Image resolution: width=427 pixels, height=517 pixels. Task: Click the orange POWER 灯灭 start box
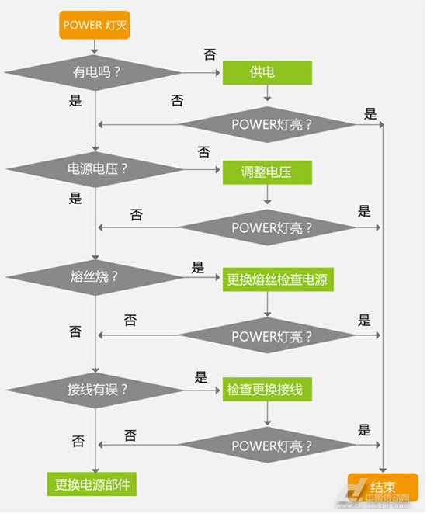tap(95, 25)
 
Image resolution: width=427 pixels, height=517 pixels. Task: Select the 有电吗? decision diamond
tap(93, 72)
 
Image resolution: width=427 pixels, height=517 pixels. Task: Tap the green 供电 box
tap(267, 72)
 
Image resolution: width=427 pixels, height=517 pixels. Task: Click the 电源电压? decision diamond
tap(95, 169)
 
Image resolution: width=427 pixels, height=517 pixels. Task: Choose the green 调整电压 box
tap(267, 172)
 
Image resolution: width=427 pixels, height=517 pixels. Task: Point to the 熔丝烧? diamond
tap(95, 277)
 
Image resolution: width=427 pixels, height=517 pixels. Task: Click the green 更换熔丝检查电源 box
tap(278, 279)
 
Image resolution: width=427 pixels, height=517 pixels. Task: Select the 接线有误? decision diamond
tap(95, 390)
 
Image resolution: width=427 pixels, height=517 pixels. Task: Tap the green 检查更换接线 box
tap(267, 390)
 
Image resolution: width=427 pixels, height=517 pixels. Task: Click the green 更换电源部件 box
tap(92, 484)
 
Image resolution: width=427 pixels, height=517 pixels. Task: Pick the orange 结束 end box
tap(383, 488)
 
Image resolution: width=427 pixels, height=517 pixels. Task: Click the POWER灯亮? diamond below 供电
tap(267, 125)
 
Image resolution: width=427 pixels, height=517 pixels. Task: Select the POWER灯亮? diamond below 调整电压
tap(267, 227)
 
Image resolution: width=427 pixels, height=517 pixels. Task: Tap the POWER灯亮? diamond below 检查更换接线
tap(267, 446)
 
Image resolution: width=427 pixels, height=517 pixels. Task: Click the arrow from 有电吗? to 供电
tap(201, 72)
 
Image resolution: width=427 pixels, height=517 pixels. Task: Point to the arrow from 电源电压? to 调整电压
tap(201, 169)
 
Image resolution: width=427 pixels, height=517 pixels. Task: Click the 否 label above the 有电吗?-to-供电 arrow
tap(210, 54)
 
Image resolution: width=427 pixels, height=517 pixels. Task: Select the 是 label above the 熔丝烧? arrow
tap(197, 267)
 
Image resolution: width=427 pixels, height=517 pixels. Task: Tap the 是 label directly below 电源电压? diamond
tap(75, 198)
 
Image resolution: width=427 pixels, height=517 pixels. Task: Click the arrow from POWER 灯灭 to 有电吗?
tap(95, 47)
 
